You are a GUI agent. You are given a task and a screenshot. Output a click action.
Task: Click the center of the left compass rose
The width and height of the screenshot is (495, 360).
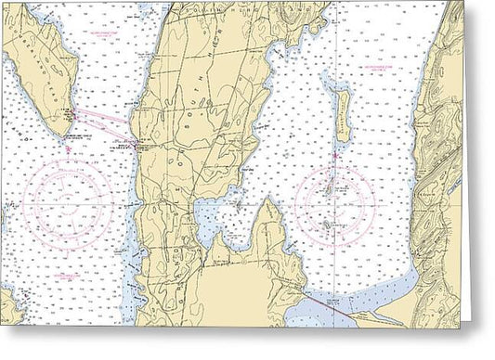pyautogui.click(x=67, y=199)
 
